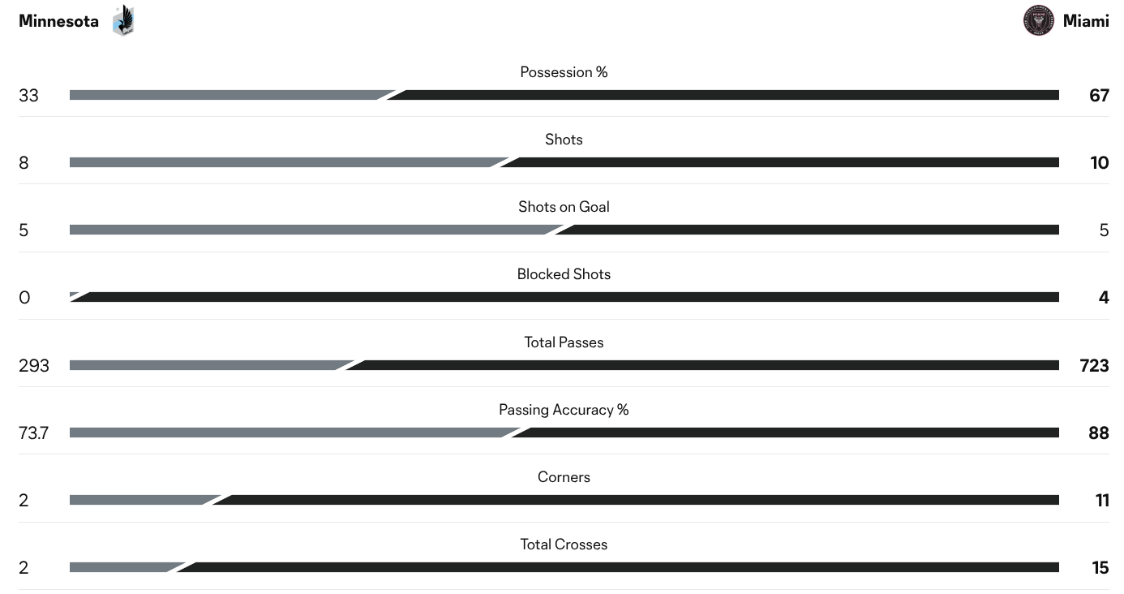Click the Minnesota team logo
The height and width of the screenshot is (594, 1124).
click(x=123, y=20)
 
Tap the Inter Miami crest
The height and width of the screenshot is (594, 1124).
click(x=1038, y=20)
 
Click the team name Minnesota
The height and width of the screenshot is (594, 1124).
click(x=58, y=21)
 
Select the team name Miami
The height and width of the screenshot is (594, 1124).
click(x=1086, y=21)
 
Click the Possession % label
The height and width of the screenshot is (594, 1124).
click(x=564, y=72)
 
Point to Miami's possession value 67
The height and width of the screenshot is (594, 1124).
click(x=1099, y=96)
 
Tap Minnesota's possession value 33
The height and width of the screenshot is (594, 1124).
click(x=28, y=96)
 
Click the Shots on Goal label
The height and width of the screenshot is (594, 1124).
click(x=564, y=207)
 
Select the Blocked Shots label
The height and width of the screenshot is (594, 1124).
click(x=564, y=274)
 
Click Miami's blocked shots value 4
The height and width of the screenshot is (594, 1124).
click(x=1104, y=297)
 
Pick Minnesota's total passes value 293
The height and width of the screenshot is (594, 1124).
click(x=33, y=365)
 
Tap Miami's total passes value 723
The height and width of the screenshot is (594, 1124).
click(x=1094, y=365)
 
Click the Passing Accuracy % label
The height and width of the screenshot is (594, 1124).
click(x=564, y=410)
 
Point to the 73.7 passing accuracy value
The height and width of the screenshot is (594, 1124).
click(x=33, y=433)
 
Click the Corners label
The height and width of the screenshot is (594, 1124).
click(x=564, y=477)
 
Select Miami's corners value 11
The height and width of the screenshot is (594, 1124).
click(x=1102, y=500)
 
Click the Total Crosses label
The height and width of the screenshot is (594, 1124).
click(x=564, y=544)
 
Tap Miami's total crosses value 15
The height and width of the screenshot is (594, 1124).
click(x=1100, y=567)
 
